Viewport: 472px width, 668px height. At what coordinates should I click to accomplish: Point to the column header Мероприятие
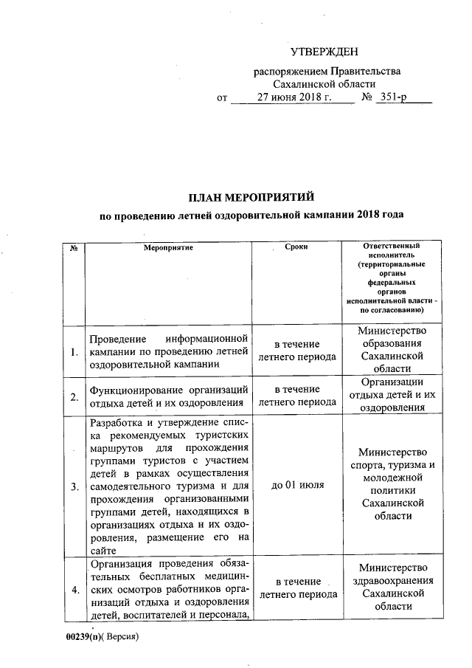(168, 247)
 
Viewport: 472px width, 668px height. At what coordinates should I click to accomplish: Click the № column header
(74, 247)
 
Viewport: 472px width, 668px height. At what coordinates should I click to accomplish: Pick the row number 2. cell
(74, 397)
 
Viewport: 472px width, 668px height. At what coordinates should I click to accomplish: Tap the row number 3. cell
(74, 487)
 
